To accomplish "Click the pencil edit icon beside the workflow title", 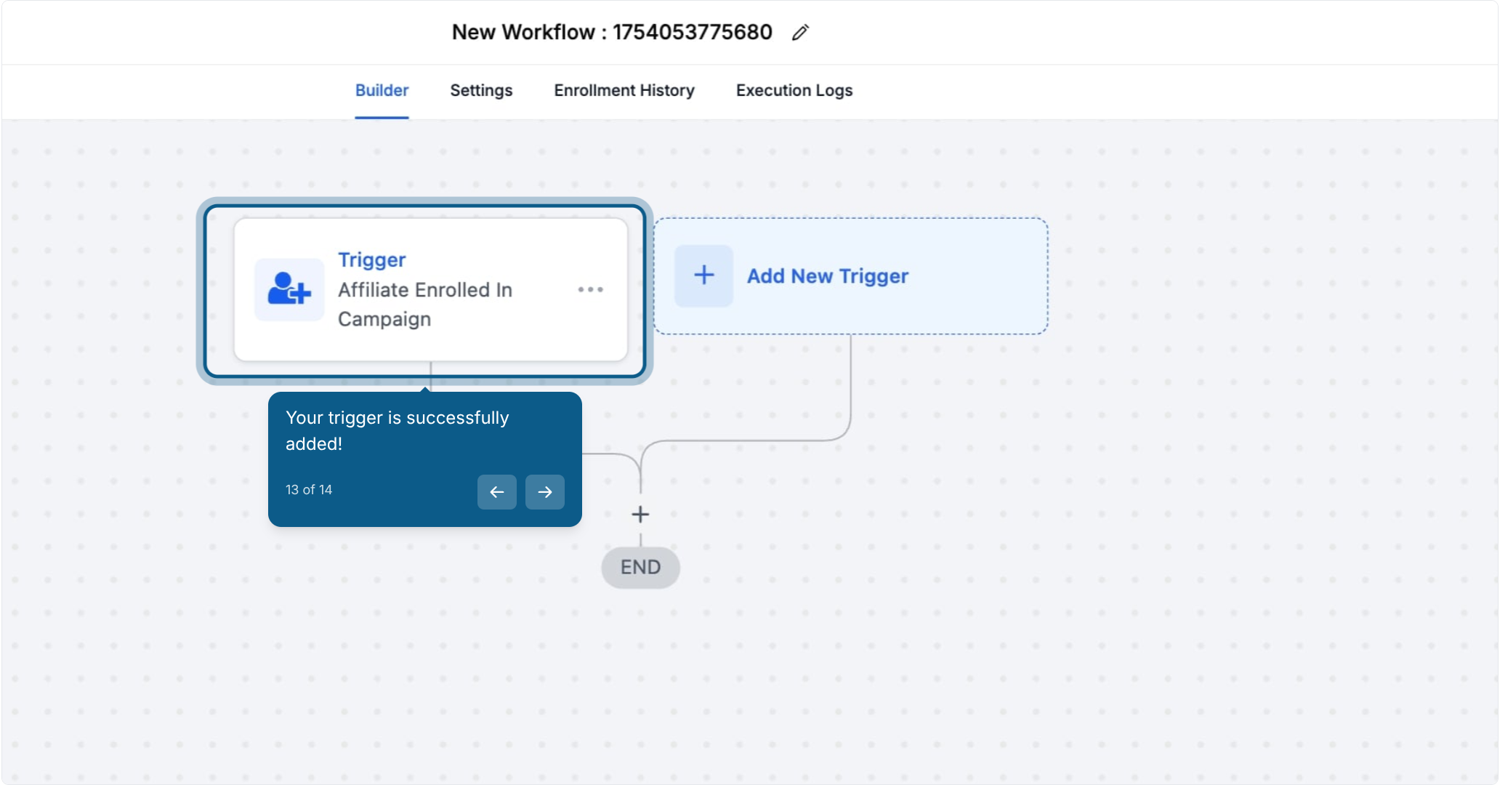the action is point(800,33).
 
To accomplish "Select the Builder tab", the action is point(382,90).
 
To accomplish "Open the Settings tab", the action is point(481,90).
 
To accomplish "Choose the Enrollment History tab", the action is point(624,90).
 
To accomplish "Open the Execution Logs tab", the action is point(794,90).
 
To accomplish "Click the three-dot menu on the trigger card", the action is point(590,289).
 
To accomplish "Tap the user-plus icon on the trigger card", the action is point(289,289).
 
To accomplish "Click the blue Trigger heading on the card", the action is point(371,259).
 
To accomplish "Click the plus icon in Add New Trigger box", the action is point(703,275).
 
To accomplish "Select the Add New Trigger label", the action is point(828,276).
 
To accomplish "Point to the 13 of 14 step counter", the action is point(309,490).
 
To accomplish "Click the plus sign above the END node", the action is point(640,515).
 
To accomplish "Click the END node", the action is point(640,567).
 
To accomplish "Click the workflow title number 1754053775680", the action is point(692,32).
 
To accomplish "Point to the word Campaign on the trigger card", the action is point(384,320).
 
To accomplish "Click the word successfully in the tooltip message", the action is point(458,418).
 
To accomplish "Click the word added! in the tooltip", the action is point(314,444).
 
